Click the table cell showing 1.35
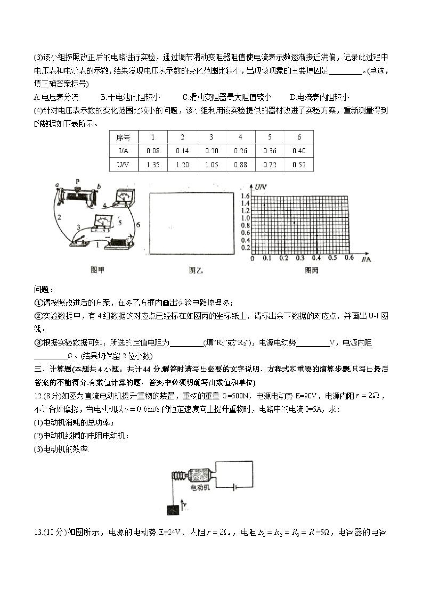(153, 165)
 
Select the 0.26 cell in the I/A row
(240, 151)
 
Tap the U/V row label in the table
(124, 165)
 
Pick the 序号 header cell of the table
(124, 137)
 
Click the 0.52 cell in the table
(299, 165)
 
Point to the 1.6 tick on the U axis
(245, 196)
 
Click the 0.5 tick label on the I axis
(332, 258)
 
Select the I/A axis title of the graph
(366, 259)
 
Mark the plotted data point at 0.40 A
(317, 235)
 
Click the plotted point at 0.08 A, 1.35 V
(264, 205)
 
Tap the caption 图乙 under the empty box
(196, 271)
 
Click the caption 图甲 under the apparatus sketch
(97, 270)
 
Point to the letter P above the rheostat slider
(77, 181)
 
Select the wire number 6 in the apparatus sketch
(138, 225)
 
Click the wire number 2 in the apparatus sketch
(59, 217)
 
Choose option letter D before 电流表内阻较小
(292, 97)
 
